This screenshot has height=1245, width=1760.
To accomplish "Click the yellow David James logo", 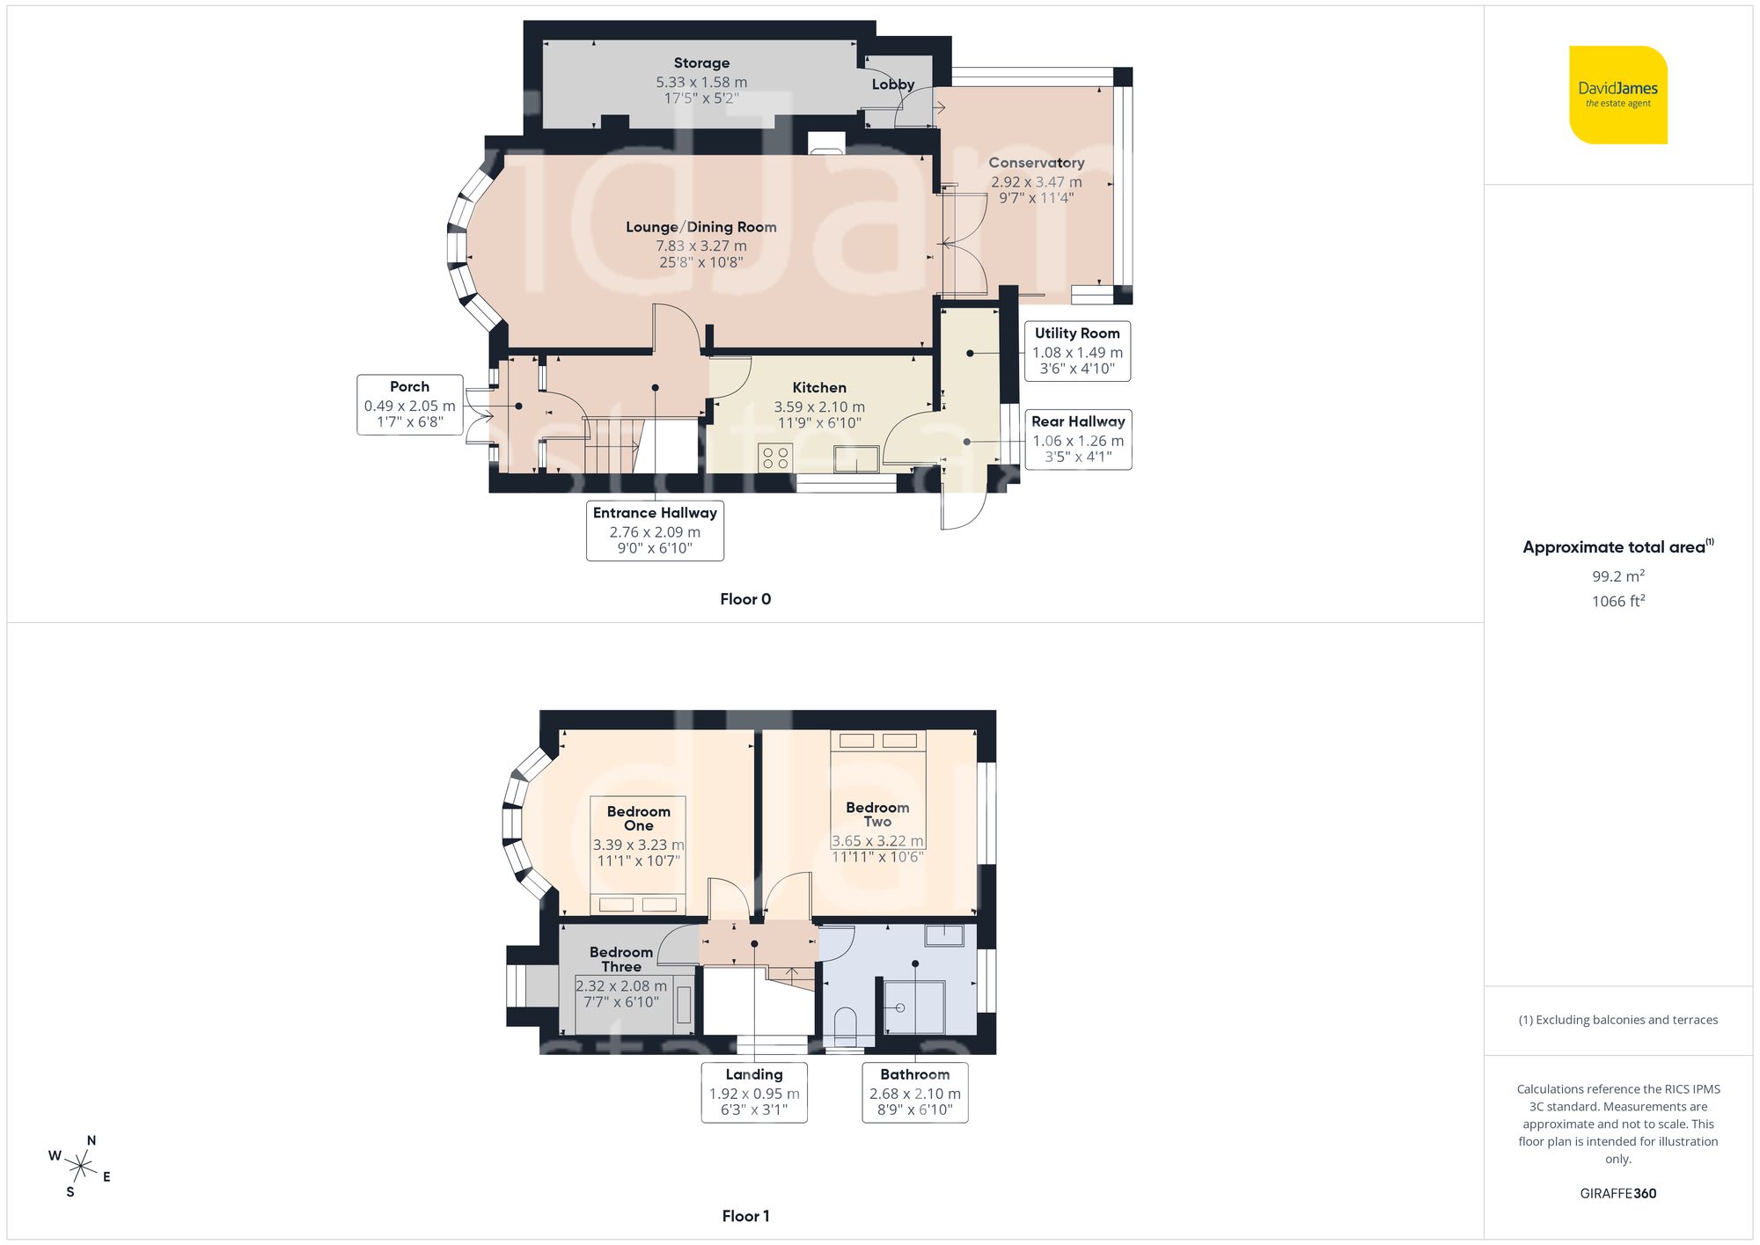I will [1617, 95].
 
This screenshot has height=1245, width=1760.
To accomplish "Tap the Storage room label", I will [701, 63].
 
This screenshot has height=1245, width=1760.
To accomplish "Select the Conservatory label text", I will [1036, 163].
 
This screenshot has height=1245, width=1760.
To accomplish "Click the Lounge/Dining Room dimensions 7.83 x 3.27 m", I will [701, 246].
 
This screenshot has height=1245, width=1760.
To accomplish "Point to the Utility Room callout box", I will [1077, 351].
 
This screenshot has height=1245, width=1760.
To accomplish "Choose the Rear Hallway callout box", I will [1078, 439].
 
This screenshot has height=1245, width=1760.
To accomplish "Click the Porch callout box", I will [409, 405].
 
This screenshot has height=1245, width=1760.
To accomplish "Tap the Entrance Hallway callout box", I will [655, 531].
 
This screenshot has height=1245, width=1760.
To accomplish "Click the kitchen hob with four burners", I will [775, 458].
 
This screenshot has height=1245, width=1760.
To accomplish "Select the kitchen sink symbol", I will [856, 458].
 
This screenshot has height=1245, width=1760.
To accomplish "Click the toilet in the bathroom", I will [845, 1026].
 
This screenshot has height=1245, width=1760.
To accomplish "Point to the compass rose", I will [81, 1168].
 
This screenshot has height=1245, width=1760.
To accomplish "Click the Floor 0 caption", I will [745, 599].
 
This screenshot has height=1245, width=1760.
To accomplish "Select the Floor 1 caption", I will [745, 1216].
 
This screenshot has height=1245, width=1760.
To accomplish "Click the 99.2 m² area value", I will [1617, 576].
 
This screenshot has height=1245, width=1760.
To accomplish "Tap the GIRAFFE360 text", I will [1617, 1194].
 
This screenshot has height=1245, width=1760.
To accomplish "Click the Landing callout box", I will [754, 1092].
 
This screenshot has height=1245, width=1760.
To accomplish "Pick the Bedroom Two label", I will [877, 814].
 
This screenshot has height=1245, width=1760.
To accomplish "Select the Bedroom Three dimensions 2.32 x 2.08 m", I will [621, 986].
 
